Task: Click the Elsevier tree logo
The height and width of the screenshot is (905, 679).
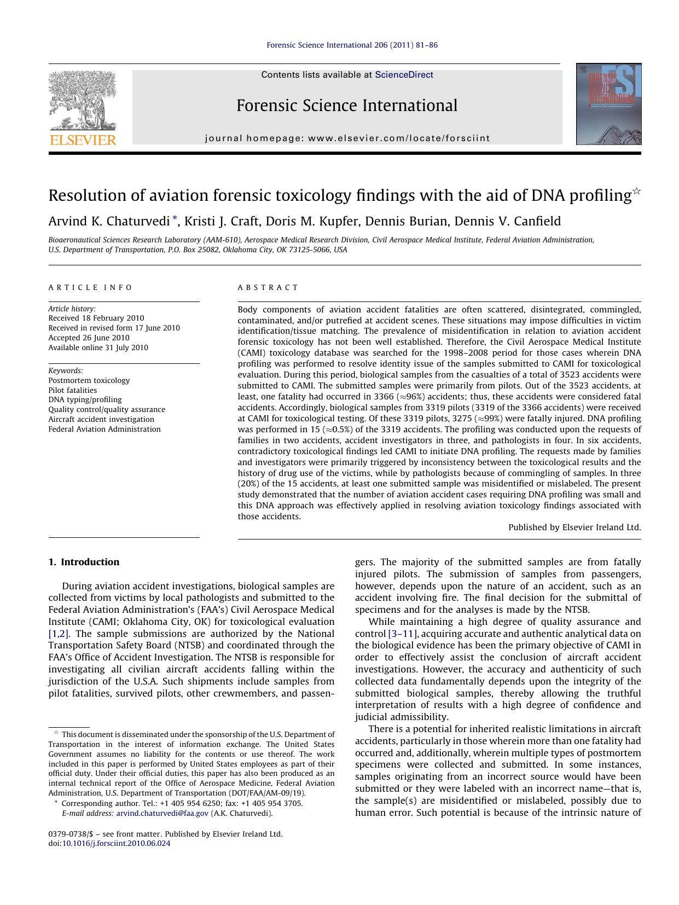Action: tap(83, 100)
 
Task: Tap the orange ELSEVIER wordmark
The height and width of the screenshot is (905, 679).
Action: tap(83, 140)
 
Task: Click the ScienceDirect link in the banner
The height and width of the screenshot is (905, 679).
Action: tap(404, 75)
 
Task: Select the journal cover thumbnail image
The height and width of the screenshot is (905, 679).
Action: tap(608, 104)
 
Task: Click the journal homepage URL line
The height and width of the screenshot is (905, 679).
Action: tap(347, 138)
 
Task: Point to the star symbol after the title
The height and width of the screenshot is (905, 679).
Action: tap(636, 191)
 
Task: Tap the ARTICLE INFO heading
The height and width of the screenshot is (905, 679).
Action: tap(90, 287)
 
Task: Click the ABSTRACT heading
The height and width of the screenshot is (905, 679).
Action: tap(268, 287)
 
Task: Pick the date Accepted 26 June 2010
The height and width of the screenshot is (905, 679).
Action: tap(89, 338)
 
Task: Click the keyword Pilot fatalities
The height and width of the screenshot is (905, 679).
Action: tap(73, 390)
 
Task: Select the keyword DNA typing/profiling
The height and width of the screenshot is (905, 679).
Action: tap(85, 400)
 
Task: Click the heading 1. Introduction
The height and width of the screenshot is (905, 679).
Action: tap(84, 562)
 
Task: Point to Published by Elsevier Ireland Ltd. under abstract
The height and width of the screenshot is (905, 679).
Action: tap(574, 527)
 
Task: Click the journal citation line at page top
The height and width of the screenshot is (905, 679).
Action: tap(352, 45)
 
